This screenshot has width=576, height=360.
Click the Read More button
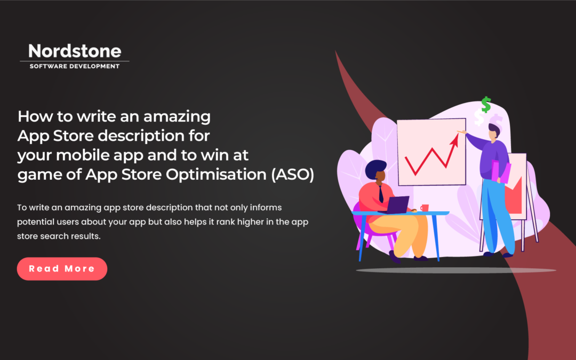click(62, 269)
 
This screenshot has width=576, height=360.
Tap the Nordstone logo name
click(75, 51)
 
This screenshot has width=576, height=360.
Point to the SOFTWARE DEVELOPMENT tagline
click(74, 66)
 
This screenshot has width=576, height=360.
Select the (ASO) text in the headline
click(293, 176)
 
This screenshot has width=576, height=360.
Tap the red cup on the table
click(425, 207)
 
